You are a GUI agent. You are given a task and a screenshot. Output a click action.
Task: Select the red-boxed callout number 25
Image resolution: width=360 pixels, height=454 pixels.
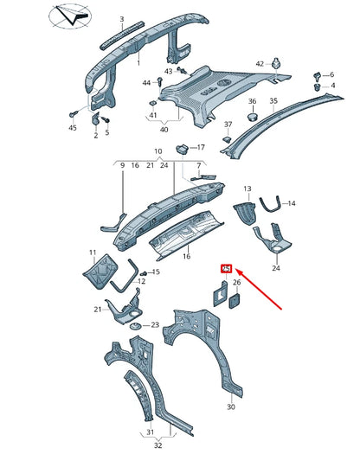click(227, 269)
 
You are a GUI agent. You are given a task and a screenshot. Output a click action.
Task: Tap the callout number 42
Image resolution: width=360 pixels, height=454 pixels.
click(260, 64)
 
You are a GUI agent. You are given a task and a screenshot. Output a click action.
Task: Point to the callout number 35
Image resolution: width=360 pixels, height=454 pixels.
click(273, 101)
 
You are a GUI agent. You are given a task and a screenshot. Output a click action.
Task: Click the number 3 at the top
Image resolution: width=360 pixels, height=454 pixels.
click(122, 19)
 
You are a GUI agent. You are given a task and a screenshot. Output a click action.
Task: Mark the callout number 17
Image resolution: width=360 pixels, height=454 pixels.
click(201, 147)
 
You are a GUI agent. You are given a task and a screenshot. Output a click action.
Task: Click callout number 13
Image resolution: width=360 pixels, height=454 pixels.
click(247, 189)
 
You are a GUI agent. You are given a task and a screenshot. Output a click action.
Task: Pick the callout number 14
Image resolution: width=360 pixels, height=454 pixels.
click(291, 203)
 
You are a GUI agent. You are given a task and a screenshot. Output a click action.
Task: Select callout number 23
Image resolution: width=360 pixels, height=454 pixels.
click(155, 325)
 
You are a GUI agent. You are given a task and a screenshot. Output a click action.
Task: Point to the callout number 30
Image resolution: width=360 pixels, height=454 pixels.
click(230, 406)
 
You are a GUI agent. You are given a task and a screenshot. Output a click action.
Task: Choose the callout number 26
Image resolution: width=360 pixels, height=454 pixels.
click(236, 283)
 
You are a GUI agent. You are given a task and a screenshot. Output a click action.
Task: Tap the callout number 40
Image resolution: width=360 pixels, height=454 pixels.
click(164, 129)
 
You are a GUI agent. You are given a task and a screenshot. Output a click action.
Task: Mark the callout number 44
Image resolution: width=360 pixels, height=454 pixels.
click(147, 83)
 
